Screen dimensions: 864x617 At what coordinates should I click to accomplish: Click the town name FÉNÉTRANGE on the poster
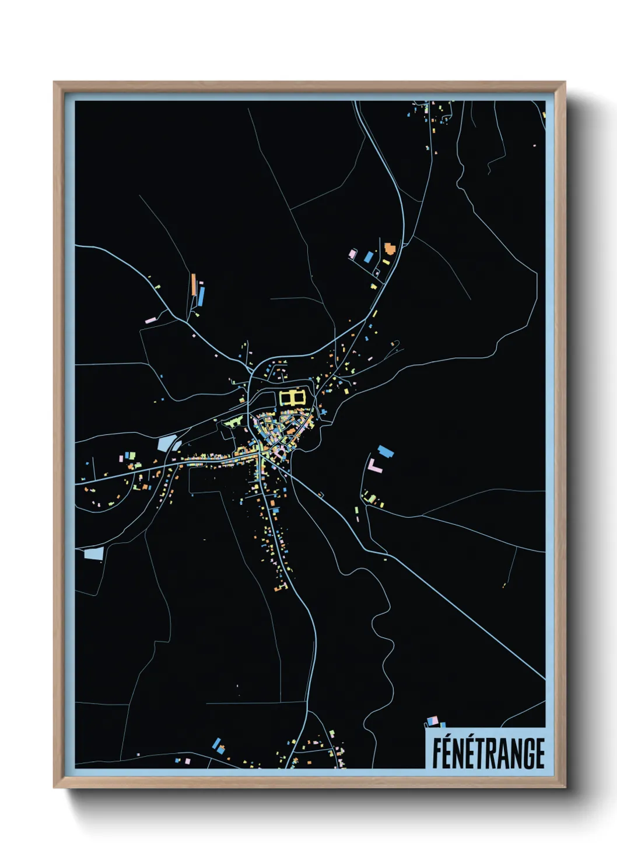tap(488, 753)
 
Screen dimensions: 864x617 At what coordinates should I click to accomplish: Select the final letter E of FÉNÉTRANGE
tap(538, 754)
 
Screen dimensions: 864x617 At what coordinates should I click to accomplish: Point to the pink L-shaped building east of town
tap(374, 465)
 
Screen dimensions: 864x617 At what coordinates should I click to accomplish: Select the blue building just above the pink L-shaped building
tap(385, 451)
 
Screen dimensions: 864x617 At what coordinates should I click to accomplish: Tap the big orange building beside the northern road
tap(389, 247)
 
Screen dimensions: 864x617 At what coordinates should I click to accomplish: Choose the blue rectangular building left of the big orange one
tap(369, 256)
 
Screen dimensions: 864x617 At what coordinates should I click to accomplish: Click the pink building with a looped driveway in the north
tap(352, 254)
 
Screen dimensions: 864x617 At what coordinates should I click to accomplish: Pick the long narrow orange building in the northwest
tap(193, 284)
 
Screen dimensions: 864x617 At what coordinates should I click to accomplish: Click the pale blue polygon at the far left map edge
tap(93, 553)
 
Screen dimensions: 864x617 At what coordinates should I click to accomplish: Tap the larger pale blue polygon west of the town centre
tap(166, 443)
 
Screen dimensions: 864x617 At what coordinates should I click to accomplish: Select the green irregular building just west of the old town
tap(233, 421)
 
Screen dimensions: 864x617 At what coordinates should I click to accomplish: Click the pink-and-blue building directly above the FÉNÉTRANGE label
tap(432, 722)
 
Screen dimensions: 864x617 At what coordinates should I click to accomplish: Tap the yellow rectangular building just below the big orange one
tap(385, 262)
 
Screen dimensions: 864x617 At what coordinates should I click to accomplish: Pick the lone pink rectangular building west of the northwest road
tap(150, 320)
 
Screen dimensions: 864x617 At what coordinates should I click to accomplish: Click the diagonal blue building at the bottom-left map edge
tap(217, 743)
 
